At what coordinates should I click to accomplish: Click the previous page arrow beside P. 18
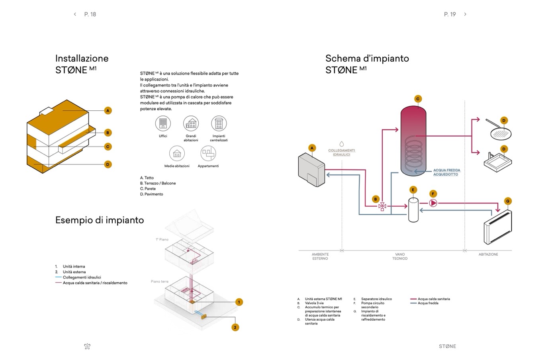[x=75, y=14]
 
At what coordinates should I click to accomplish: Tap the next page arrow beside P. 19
[x=465, y=14]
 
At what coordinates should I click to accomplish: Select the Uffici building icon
[x=163, y=123]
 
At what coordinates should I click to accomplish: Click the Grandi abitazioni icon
[x=191, y=123]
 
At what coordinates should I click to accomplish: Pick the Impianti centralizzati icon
[x=219, y=123]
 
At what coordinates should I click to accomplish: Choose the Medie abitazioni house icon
[x=177, y=153]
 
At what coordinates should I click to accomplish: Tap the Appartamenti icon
[x=208, y=153]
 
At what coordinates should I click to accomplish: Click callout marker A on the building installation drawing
[x=108, y=111]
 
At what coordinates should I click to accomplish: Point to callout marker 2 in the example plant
[x=235, y=327]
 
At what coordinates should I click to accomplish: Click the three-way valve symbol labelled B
[x=382, y=206]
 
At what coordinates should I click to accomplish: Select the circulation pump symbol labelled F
[x=433, y=203]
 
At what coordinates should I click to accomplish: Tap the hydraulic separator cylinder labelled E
[x=413, y=209]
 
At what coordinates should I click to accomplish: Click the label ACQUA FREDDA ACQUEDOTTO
[x=446, y=172]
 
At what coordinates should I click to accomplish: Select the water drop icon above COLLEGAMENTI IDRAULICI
[x=341, y=144]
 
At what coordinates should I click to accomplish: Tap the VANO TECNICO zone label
[x=400, y=256]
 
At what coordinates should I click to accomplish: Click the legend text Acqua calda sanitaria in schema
[x=434, y=299]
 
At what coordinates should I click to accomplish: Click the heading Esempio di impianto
[x=100, y=220]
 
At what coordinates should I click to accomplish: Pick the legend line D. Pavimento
[x=152, y=194]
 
